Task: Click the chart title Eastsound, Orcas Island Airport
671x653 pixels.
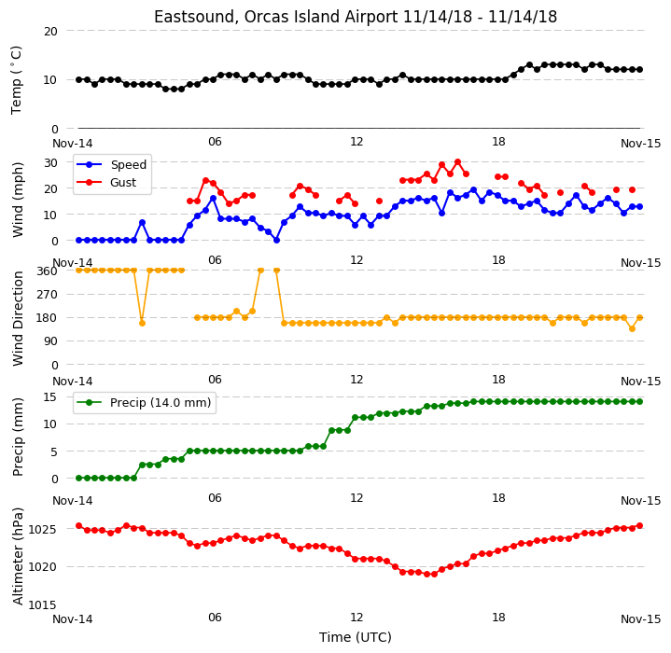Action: [x=275, y=17]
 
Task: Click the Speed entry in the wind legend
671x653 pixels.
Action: [x=129, y=164]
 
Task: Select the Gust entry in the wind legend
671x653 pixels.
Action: [x=123, y=183]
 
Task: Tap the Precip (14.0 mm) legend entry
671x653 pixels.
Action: [x=161, y=403]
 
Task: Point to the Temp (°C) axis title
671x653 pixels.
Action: [x=16, y=80]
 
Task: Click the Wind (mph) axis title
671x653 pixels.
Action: [x=18, y=200]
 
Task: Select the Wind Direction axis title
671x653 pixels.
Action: [x=18, y=318]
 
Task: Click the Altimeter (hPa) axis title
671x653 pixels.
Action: [x=18, y=556]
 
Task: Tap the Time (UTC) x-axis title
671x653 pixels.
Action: [x=356, y=637]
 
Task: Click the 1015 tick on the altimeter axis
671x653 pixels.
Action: [x=42, y=604]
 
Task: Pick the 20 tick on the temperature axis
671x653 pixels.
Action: [x=50, y=31]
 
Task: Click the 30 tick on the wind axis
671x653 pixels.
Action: [x=50, y=162]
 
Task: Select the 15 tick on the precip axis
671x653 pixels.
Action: [x=50, y=397]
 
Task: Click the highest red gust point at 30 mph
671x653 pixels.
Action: [x=458, y=162]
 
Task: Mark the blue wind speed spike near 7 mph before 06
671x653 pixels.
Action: [x=142, y=223]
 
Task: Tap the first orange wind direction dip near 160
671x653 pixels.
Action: [x=142, y=324]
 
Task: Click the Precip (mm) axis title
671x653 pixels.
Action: [x=18, y=438]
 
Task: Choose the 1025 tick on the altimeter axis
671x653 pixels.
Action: [x=42, y=530]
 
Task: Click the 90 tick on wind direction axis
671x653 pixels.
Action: [x=50, y=341]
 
